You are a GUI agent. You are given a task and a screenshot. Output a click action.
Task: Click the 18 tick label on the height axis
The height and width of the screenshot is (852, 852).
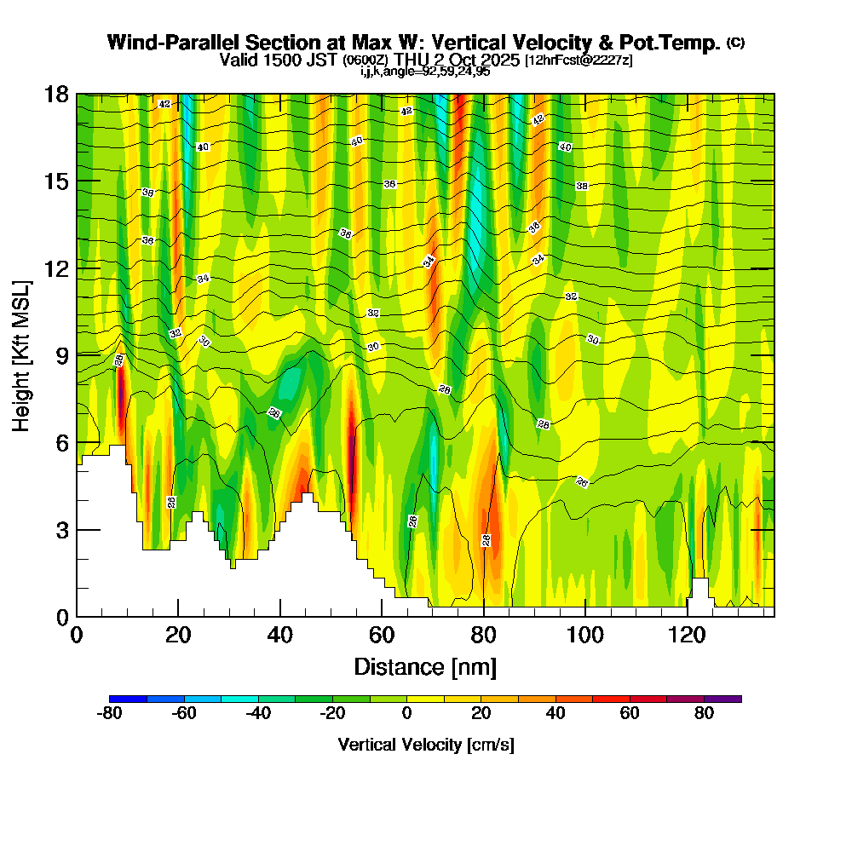coord(57,94)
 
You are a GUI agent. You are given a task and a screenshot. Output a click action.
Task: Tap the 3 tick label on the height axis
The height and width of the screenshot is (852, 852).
coord(62,530)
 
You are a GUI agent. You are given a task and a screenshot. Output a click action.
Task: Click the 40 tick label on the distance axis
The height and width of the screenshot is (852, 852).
coord(279,636)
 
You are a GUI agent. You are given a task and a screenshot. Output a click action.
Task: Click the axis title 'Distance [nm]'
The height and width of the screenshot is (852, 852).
coord(425,666)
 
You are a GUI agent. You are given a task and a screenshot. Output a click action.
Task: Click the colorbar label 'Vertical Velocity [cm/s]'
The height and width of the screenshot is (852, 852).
coord(425,745)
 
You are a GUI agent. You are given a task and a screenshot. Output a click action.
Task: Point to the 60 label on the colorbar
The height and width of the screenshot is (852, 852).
coord(630,715)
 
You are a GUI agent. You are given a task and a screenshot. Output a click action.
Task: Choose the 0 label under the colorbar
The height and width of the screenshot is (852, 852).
coord(406,715)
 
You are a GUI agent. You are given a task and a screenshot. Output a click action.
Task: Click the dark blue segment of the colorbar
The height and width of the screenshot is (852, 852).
coord(128,699)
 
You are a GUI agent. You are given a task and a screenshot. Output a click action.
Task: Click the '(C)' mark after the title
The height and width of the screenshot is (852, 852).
coord(735,43)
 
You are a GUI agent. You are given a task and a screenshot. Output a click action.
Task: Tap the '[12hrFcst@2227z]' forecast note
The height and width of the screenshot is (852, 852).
coord(579,60)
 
